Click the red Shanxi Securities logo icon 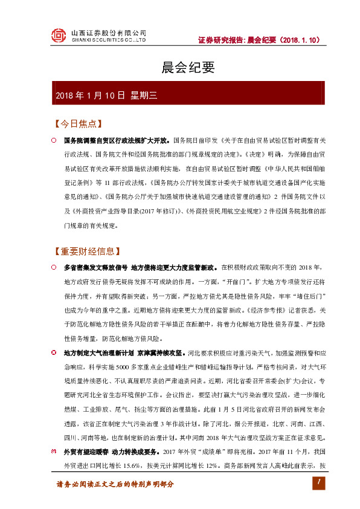coord(58,36)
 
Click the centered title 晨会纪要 coord(180,66)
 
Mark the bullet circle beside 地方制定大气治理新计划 coord(53,352)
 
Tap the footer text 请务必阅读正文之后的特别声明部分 coord(115,484)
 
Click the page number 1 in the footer coord(315,482)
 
